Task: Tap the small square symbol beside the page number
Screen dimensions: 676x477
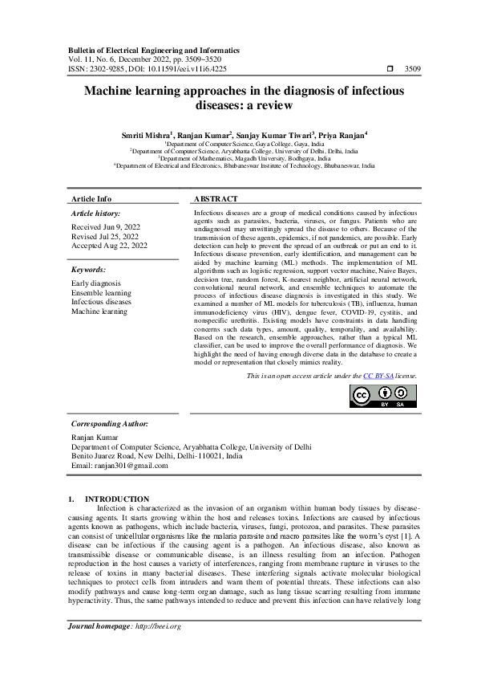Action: coord(390,69)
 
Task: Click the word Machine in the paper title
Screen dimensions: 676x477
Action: coord(117,92)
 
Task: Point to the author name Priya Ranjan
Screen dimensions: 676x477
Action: coord(342,134)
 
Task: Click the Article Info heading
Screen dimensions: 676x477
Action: coord(91,198)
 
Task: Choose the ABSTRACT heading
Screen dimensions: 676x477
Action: coord(216,198)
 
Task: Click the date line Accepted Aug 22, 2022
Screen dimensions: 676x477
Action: coord(108,246)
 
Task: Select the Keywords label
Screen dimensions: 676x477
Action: coord(88,270)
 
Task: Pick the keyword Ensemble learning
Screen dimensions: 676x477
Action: coord(102,293)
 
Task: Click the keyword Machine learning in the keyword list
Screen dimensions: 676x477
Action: coord(99,311)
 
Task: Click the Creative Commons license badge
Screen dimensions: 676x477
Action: coord(383,397)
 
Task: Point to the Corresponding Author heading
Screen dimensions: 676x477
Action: coord(109,422)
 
